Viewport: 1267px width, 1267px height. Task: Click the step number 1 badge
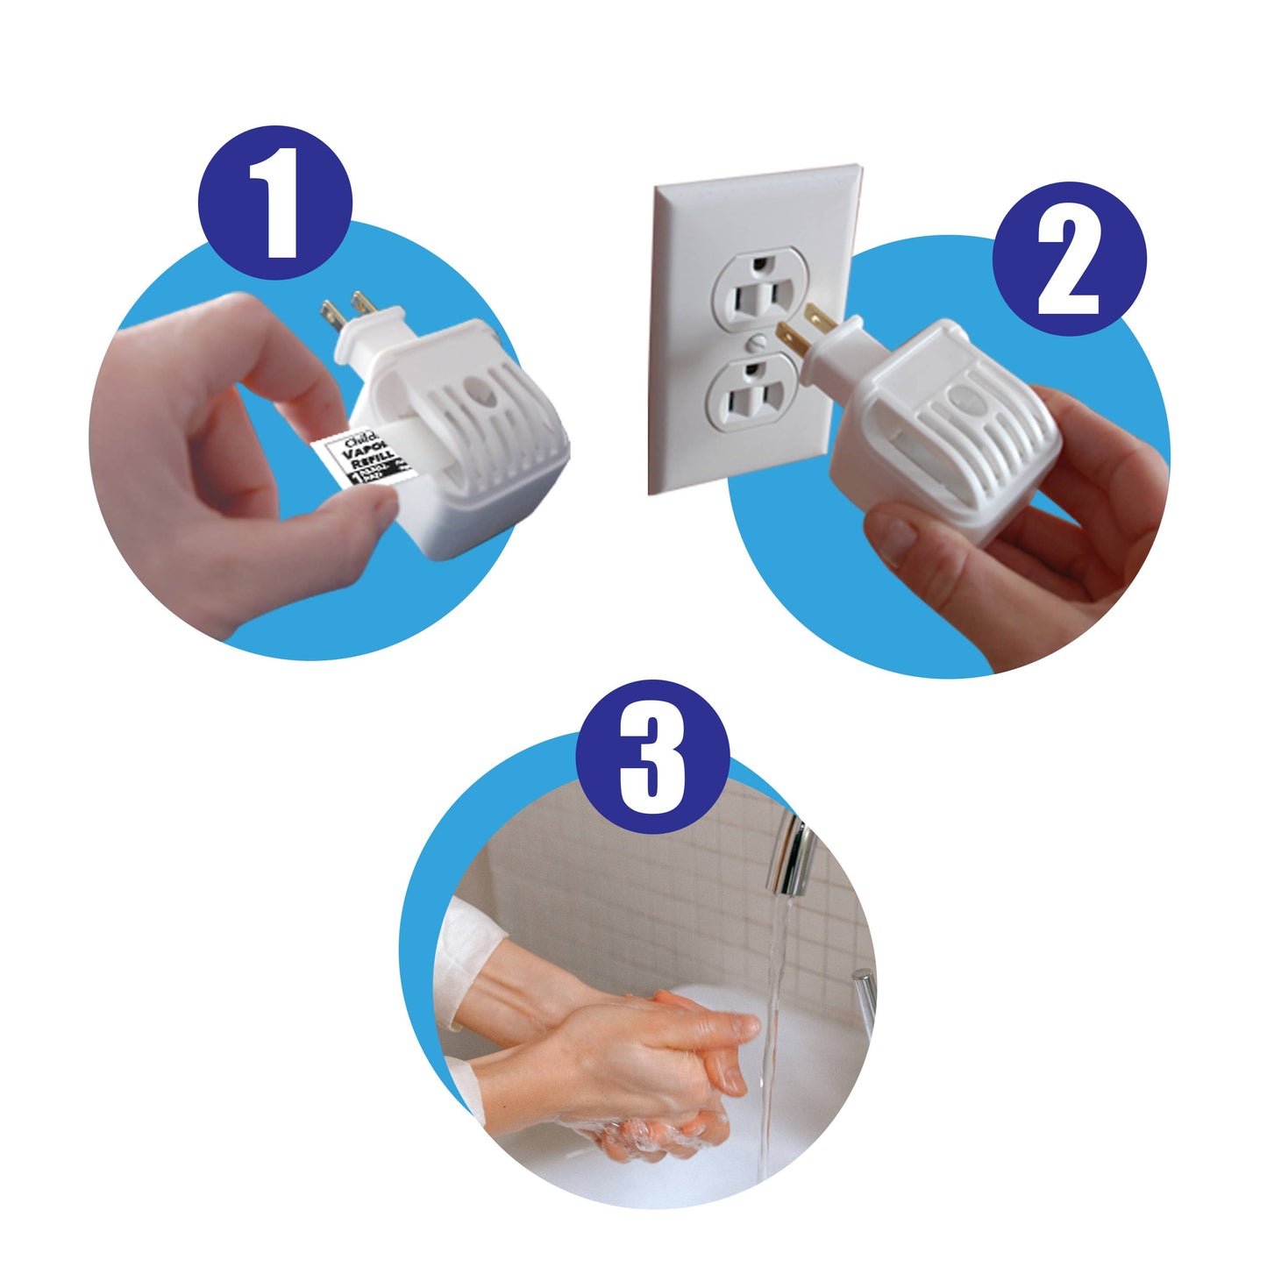[x=275, y=203]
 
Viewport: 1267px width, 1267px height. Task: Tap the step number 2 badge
[x=1069, y=259]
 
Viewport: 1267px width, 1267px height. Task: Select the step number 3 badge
[x=652, y=756]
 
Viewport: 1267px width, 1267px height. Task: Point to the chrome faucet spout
[x=793, y=854]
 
